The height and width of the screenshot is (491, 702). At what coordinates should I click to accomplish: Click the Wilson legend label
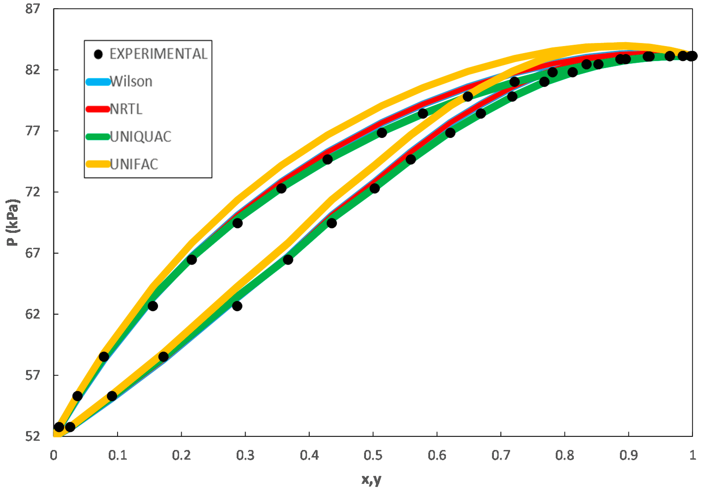tap(131, 82)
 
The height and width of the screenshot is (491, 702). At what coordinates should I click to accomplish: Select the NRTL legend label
tap(126, 109)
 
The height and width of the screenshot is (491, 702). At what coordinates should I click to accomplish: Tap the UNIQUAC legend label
tap(140, 137)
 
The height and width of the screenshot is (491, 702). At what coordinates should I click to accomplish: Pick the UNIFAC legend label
tap(134, 165)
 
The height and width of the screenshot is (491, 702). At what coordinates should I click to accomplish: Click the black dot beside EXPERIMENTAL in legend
tap(98, 54)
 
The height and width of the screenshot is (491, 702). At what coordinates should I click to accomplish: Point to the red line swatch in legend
tap(98, 109)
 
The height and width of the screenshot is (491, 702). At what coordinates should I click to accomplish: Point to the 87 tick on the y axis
tap(33, 9)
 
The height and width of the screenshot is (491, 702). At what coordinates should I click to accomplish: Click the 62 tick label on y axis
tap(33, 314)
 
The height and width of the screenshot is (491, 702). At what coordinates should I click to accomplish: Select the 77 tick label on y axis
tap(33, 131)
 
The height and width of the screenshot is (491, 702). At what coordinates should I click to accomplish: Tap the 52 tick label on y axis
tap(33, 436)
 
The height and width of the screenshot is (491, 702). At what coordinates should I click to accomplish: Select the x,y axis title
tap(371, 479)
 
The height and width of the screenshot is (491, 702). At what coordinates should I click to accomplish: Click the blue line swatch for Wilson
tap(98, 82)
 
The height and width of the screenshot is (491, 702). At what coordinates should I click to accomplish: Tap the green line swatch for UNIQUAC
tap(98, 137)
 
